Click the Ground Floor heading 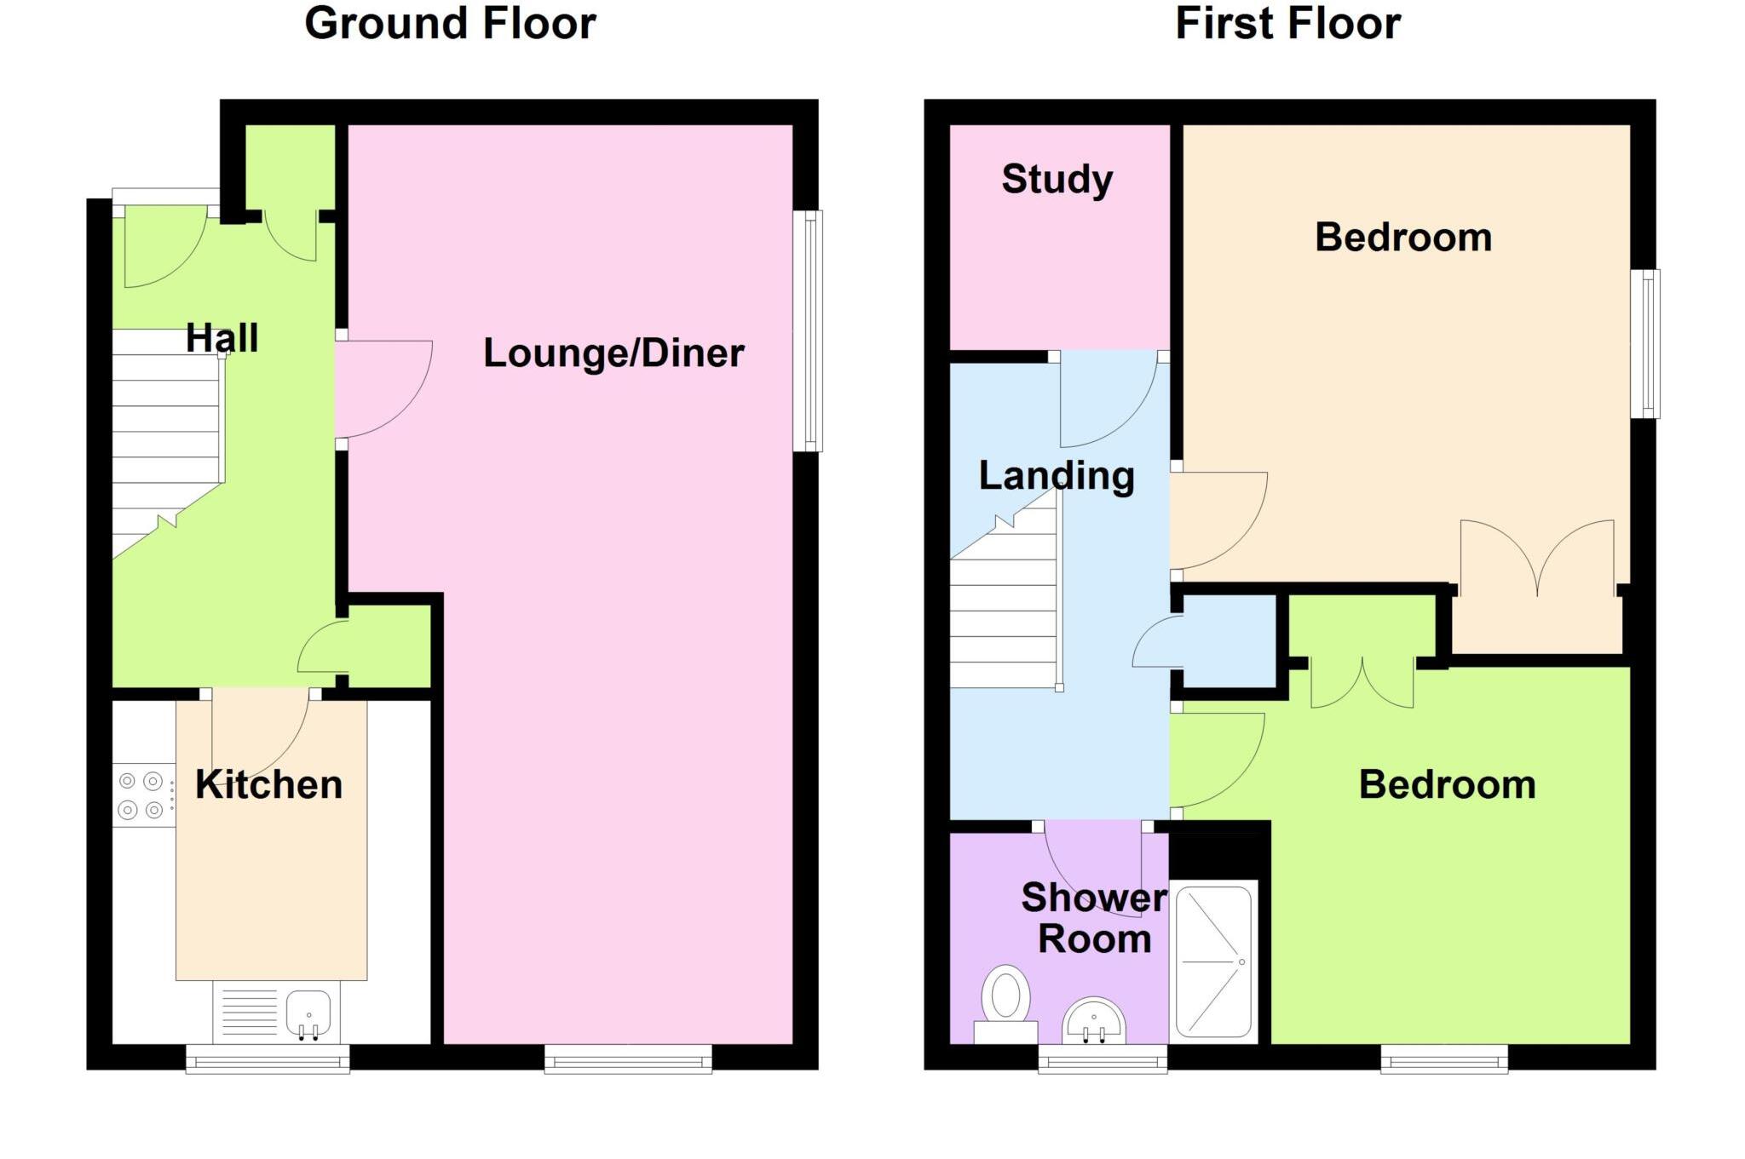point(450,23)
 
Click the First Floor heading point(1287,23)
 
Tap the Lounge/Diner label point(613,353)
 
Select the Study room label point(1057,179)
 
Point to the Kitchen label point(268,784)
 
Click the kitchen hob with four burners point(141,795)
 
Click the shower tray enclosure point(1213,961)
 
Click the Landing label point(1057,475)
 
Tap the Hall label point(222,338)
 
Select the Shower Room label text point(1094,918)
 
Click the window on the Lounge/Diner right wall point(808,330)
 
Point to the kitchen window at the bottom point(268,1059)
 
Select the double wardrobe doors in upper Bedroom point(1537,558)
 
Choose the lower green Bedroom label point(1447,784)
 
